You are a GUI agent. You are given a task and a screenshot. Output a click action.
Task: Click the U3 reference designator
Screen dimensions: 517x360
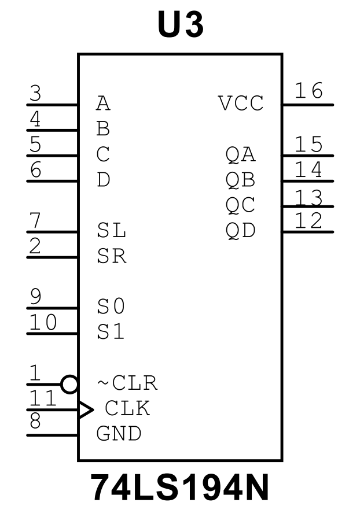pyautogui.click(x=180, y=25)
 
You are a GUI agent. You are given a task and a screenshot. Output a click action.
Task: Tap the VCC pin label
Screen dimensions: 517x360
pyautogui.click(x=241, y=104)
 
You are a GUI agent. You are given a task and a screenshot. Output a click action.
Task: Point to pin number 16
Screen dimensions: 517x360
pyautogui.click(x=308, y=91)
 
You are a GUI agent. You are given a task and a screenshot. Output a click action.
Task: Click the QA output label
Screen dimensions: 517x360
pyautogui.click(x=241, y=154)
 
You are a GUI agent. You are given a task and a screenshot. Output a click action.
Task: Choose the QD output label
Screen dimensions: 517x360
pyautogui.click(x=241, y=231)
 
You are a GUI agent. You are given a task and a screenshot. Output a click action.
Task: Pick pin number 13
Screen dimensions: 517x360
pyautogui.click(x=308, y=198)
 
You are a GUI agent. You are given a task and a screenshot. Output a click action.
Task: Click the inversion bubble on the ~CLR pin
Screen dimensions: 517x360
pyautogui.click(x=69, y=383)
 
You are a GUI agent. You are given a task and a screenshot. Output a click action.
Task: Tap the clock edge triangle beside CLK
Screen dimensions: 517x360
pyautogui.click(x=86, y=409)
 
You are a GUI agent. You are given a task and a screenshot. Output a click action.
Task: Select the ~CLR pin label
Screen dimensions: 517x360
pyautogui.click(x=126, y=383)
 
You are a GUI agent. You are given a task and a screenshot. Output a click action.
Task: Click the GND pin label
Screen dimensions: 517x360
pyautogui.click(x=119, y=434)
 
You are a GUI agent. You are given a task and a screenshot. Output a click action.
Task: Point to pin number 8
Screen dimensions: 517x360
pyautogui.click(x=35, y=421)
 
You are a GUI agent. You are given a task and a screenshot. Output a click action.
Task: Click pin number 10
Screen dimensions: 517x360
pyautogui.click(x=43, y=322)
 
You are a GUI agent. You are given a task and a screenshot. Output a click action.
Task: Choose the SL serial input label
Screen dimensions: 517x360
pyautogui.click(x=111, y=231)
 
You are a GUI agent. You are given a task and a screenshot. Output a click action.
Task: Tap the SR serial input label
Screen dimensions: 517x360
pyautogui.click(x=111, y=256)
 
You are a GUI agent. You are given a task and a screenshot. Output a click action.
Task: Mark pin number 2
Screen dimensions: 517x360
pyautogui.click(x=35, y=246)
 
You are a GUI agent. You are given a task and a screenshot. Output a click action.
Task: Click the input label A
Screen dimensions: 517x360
pyautogui.click(x=103, y=104)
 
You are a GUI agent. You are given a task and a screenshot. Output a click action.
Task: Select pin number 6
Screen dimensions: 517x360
pyautogui.click(x=35, y=169)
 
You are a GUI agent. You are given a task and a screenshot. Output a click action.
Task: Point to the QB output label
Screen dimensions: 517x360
pyautogui.click(x=241, y=180)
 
